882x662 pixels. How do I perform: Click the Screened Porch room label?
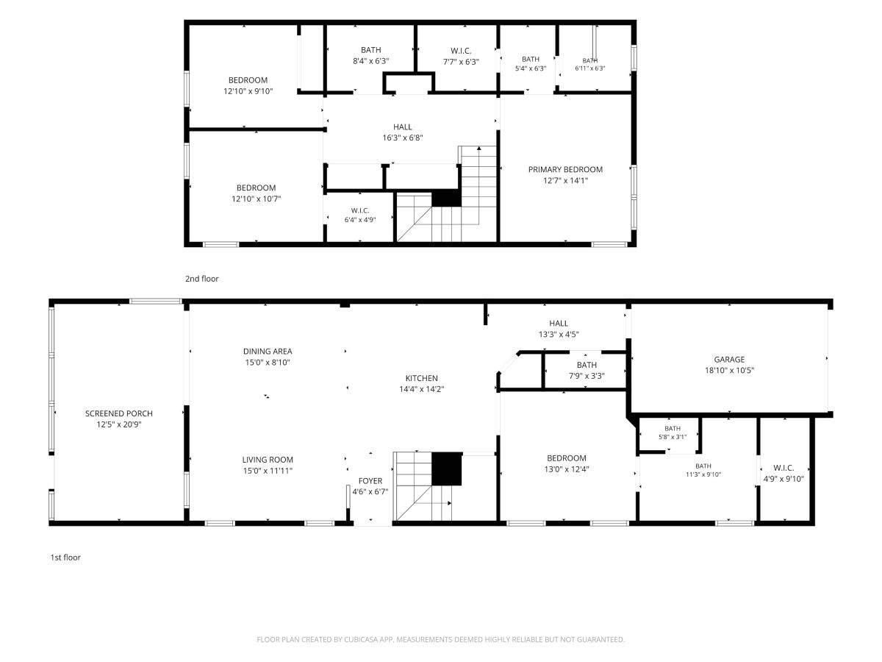click(x=119, y=413)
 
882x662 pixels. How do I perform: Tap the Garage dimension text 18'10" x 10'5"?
click(x=729, y=370)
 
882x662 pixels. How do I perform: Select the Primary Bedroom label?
click(x=565, y=170)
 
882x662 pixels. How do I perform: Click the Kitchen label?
click(x=421, y=378)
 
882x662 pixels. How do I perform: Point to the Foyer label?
click(x=370, y=481)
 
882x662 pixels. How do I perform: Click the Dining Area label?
click(x=268, y=352)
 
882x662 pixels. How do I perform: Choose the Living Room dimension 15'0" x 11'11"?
click(x=268, y=470)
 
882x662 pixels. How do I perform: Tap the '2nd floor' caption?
click(x=201, y=279)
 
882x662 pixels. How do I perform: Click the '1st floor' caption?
click(x=65, y=557)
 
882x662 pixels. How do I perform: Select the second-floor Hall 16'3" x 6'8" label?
click(x=403, y=132)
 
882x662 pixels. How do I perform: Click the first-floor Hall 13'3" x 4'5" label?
click(x=559, y=328)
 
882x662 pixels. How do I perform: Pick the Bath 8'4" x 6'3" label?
click(x=371, y=55)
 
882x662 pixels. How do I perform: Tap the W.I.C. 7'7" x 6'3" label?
click(x=461, y=57)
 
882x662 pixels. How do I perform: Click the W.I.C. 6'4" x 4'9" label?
click(x=360, y=215)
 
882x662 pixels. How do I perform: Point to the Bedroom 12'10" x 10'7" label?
click(x=256, y=193)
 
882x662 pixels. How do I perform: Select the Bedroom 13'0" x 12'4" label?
click(x=567, y=463)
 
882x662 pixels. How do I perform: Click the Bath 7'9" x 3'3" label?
click(x=587, y=370)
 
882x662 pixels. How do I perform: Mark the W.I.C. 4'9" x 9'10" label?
click(x=784, y=473)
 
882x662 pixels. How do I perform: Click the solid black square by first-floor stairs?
click(x=446, y=469)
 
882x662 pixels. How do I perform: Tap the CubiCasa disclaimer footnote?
click(x=441, y=639)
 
